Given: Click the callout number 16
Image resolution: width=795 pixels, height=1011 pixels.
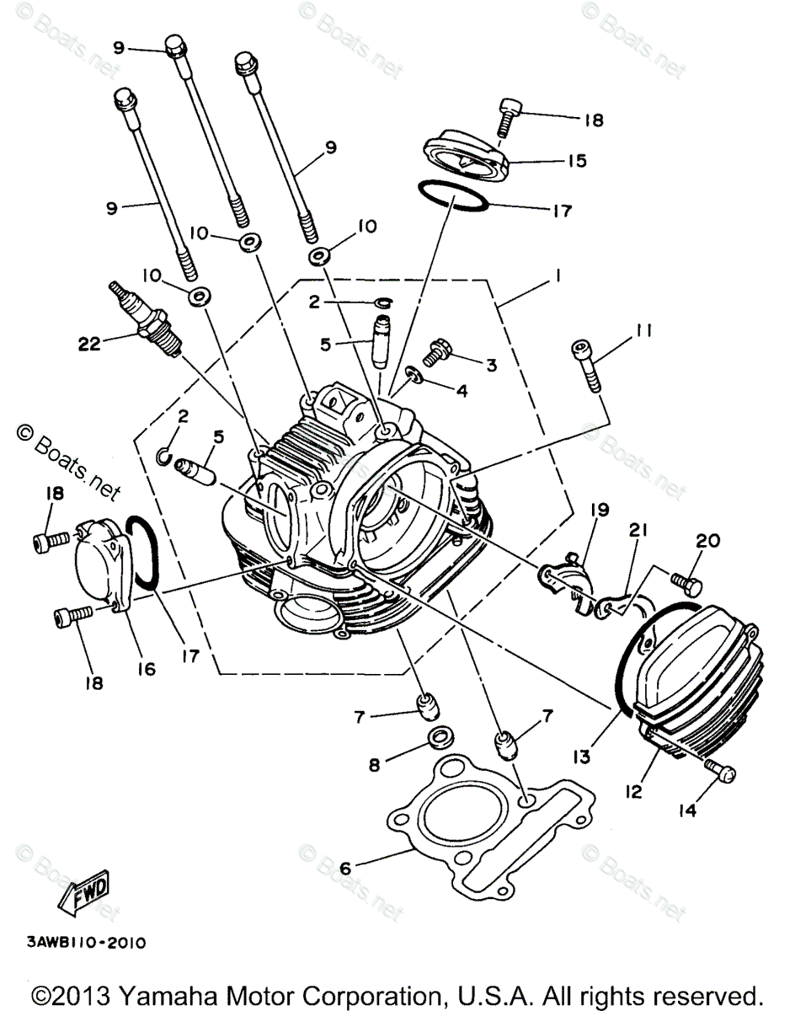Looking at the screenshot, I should pyautogui.click(x=147, y=668).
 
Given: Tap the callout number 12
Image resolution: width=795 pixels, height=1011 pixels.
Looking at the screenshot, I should pyautogui.click(x=633, y=791).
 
